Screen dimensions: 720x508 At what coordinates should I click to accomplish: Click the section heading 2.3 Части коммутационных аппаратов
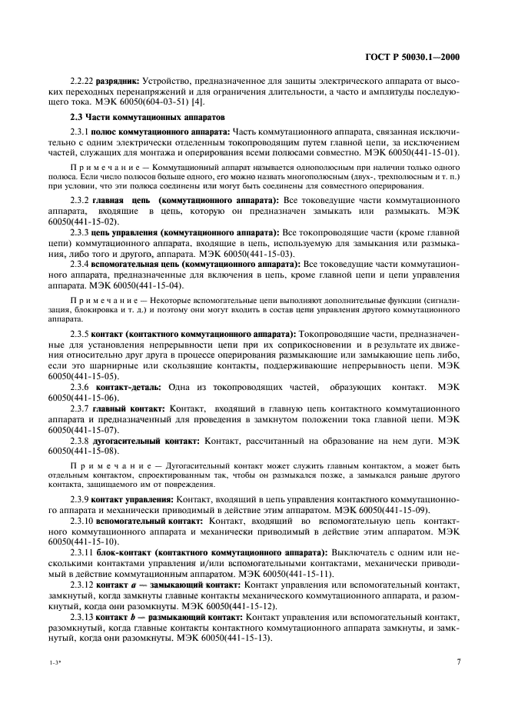[x=144, y=117]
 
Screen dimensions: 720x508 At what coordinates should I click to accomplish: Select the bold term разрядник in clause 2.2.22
[x=112, y=81]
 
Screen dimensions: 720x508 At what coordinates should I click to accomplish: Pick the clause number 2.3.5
[x=80, y=335]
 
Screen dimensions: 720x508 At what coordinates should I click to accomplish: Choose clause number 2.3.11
[x=82, y=552]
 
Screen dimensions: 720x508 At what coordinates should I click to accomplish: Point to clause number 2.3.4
[x=80, y=263]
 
